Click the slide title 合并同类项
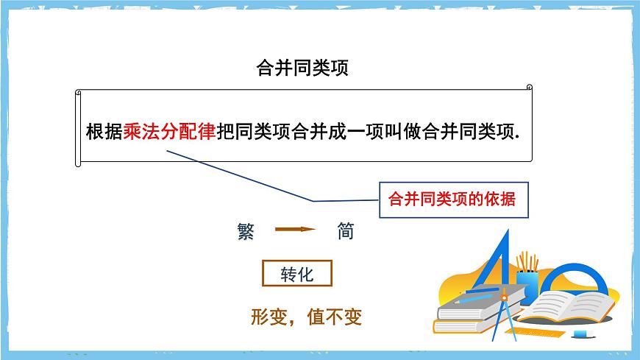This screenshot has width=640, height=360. coord(301,68)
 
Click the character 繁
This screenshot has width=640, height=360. coord(246,231)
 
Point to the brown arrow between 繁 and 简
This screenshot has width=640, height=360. coord(295,230)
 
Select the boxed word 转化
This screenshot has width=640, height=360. coord(297,275)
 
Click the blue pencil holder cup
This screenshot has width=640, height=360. coord(527,283)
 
